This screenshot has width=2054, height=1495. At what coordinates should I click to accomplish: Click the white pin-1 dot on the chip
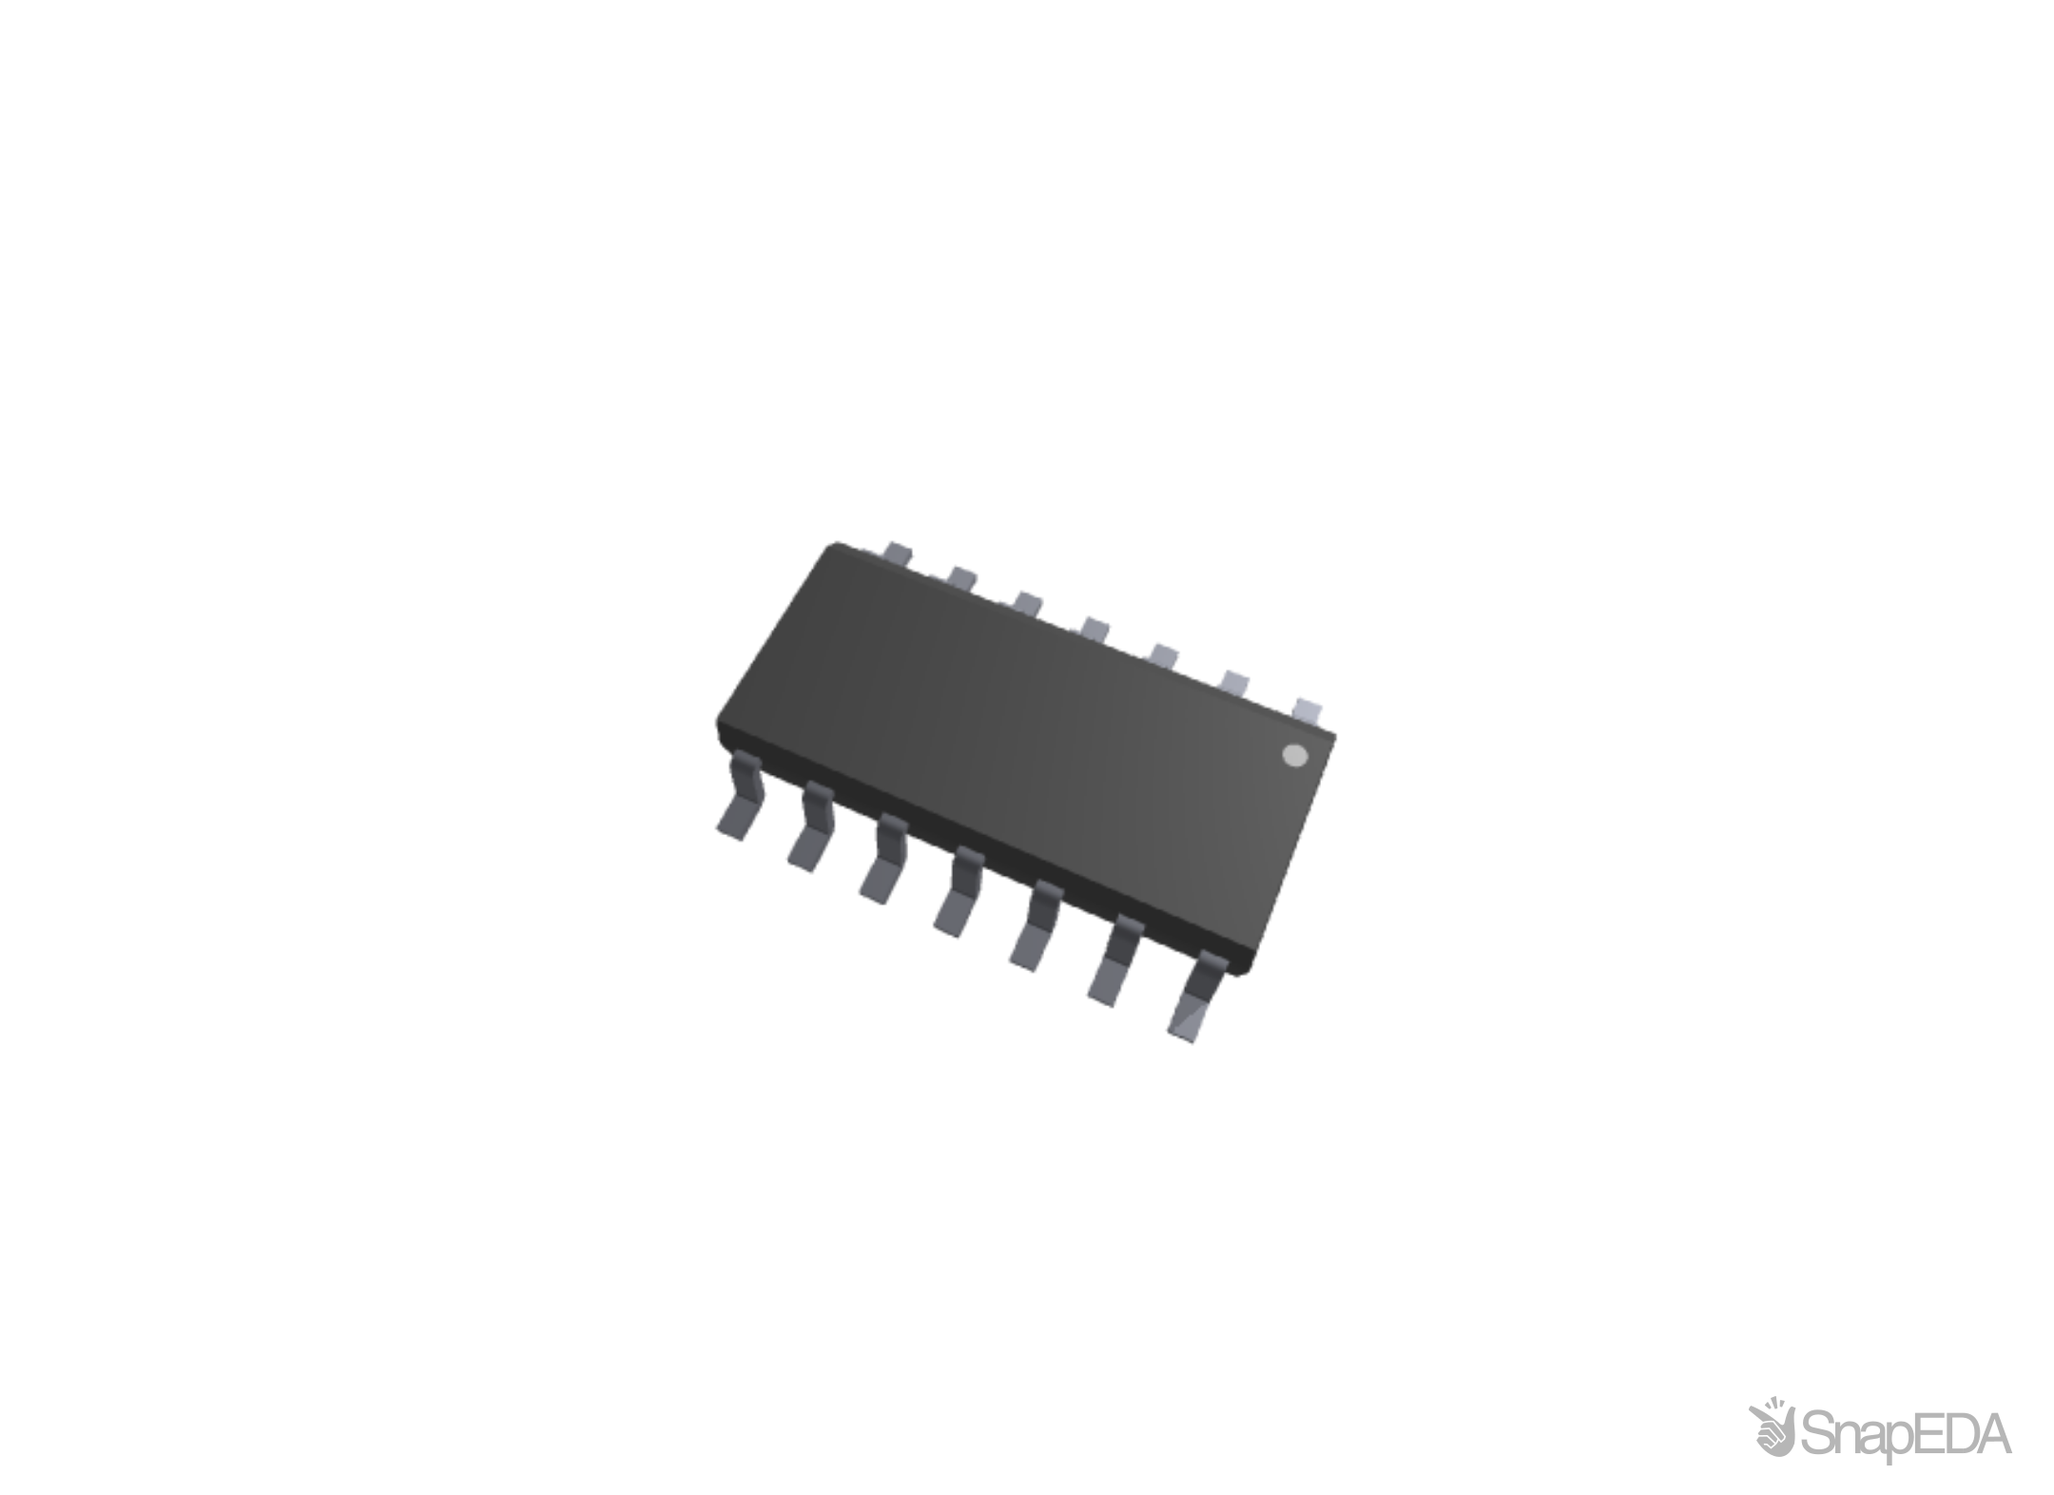pyautogui.click(x=1294, y=755)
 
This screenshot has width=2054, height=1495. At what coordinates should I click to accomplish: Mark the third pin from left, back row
pyautogui.click(x=1026, y=602)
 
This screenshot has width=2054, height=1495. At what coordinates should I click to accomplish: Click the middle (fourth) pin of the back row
pyautogui.click(x=1095, y=628)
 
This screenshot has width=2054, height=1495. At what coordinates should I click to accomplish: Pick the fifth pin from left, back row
pyautogui.click(x=1162, y=654)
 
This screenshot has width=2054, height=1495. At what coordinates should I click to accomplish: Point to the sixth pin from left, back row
pyautogui.click(x=1233, y=682)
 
